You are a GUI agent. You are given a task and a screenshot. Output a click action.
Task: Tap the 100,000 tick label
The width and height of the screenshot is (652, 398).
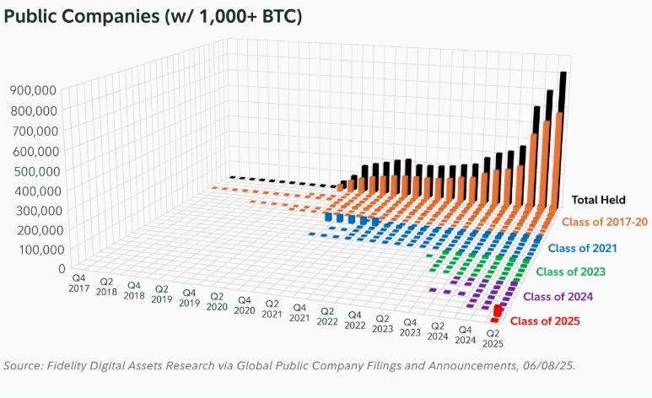[x=35, y=250]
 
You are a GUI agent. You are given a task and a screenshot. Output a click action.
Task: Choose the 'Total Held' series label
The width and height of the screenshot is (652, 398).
[x=599, y=200]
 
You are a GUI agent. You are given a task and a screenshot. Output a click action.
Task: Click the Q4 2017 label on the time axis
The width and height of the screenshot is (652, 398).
[x=79, y=282]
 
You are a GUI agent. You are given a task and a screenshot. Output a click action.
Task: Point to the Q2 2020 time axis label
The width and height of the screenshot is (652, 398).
[x=217, y=303]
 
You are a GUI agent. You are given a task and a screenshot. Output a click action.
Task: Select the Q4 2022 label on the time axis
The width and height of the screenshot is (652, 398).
[x=354, y=325]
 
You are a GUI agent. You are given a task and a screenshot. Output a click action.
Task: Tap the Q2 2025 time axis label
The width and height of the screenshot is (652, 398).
[x=492, y=337]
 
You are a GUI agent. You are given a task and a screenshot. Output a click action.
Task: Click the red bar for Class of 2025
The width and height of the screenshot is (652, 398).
[x=498, y=312]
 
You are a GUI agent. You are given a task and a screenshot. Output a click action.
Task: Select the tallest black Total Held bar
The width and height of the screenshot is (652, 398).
[x=562, y=126]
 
